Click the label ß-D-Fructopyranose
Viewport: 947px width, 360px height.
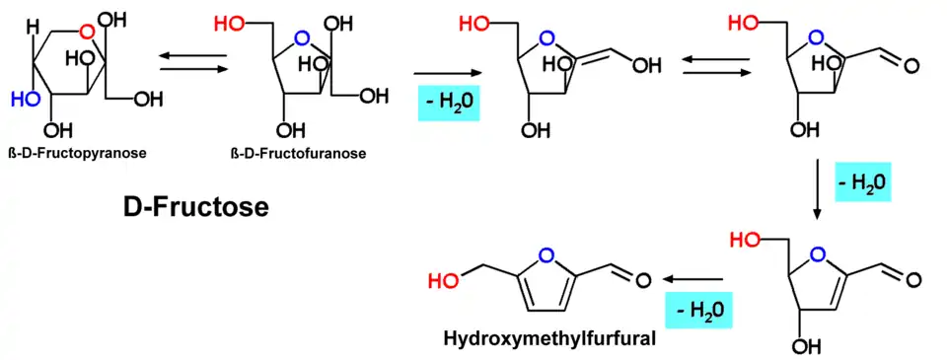pos(78,153)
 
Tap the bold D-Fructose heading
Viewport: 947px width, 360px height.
pos(195,207)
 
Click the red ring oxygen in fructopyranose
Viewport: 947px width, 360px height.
pos(88,32)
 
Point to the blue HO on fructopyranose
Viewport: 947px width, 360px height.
pos(24,100)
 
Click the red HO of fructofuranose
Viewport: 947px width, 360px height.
pos(230,24)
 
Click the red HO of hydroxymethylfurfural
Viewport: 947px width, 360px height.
pos(443,280)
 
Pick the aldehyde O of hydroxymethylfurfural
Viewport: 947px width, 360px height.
pos(643,280)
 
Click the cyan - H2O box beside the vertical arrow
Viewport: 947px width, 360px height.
pos(863,181)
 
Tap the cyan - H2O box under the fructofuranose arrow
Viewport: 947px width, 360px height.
pos(449,102)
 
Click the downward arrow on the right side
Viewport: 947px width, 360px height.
pos(818,188)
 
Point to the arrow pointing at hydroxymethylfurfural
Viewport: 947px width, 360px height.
pos(692,279)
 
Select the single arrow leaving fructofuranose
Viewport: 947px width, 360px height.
pos(450,73)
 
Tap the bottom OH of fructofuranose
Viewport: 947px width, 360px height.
pos(287,130)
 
